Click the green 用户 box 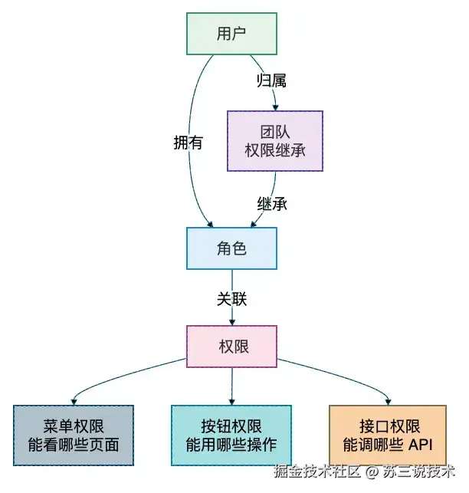click(x=231, y=34)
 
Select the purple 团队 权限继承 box click(x=275, y=141)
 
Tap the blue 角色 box click(x=231, y=248)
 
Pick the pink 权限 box click(x=231, y=347)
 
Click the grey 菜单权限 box click(x=74, y=435)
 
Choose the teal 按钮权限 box click(x=231, y=435)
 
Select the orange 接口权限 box click(x=388, y=435)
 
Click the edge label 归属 click(x=271, y=81)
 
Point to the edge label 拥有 click(x=188, y=143)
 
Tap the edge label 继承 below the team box click(x=272, y=204)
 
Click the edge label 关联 click(x=231, y=299)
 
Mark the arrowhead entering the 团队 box click(x=276, y=107)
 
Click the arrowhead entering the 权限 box click(x=232, y=322)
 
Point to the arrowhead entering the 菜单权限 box click(x=74, y=402)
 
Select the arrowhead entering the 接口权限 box click(x=389, y=402)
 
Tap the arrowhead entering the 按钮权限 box click(x=232, y=402)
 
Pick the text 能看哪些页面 click(x=74, y=445)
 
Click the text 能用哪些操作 click(x=231, y=445)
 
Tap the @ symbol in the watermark click(x=372, y=472)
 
